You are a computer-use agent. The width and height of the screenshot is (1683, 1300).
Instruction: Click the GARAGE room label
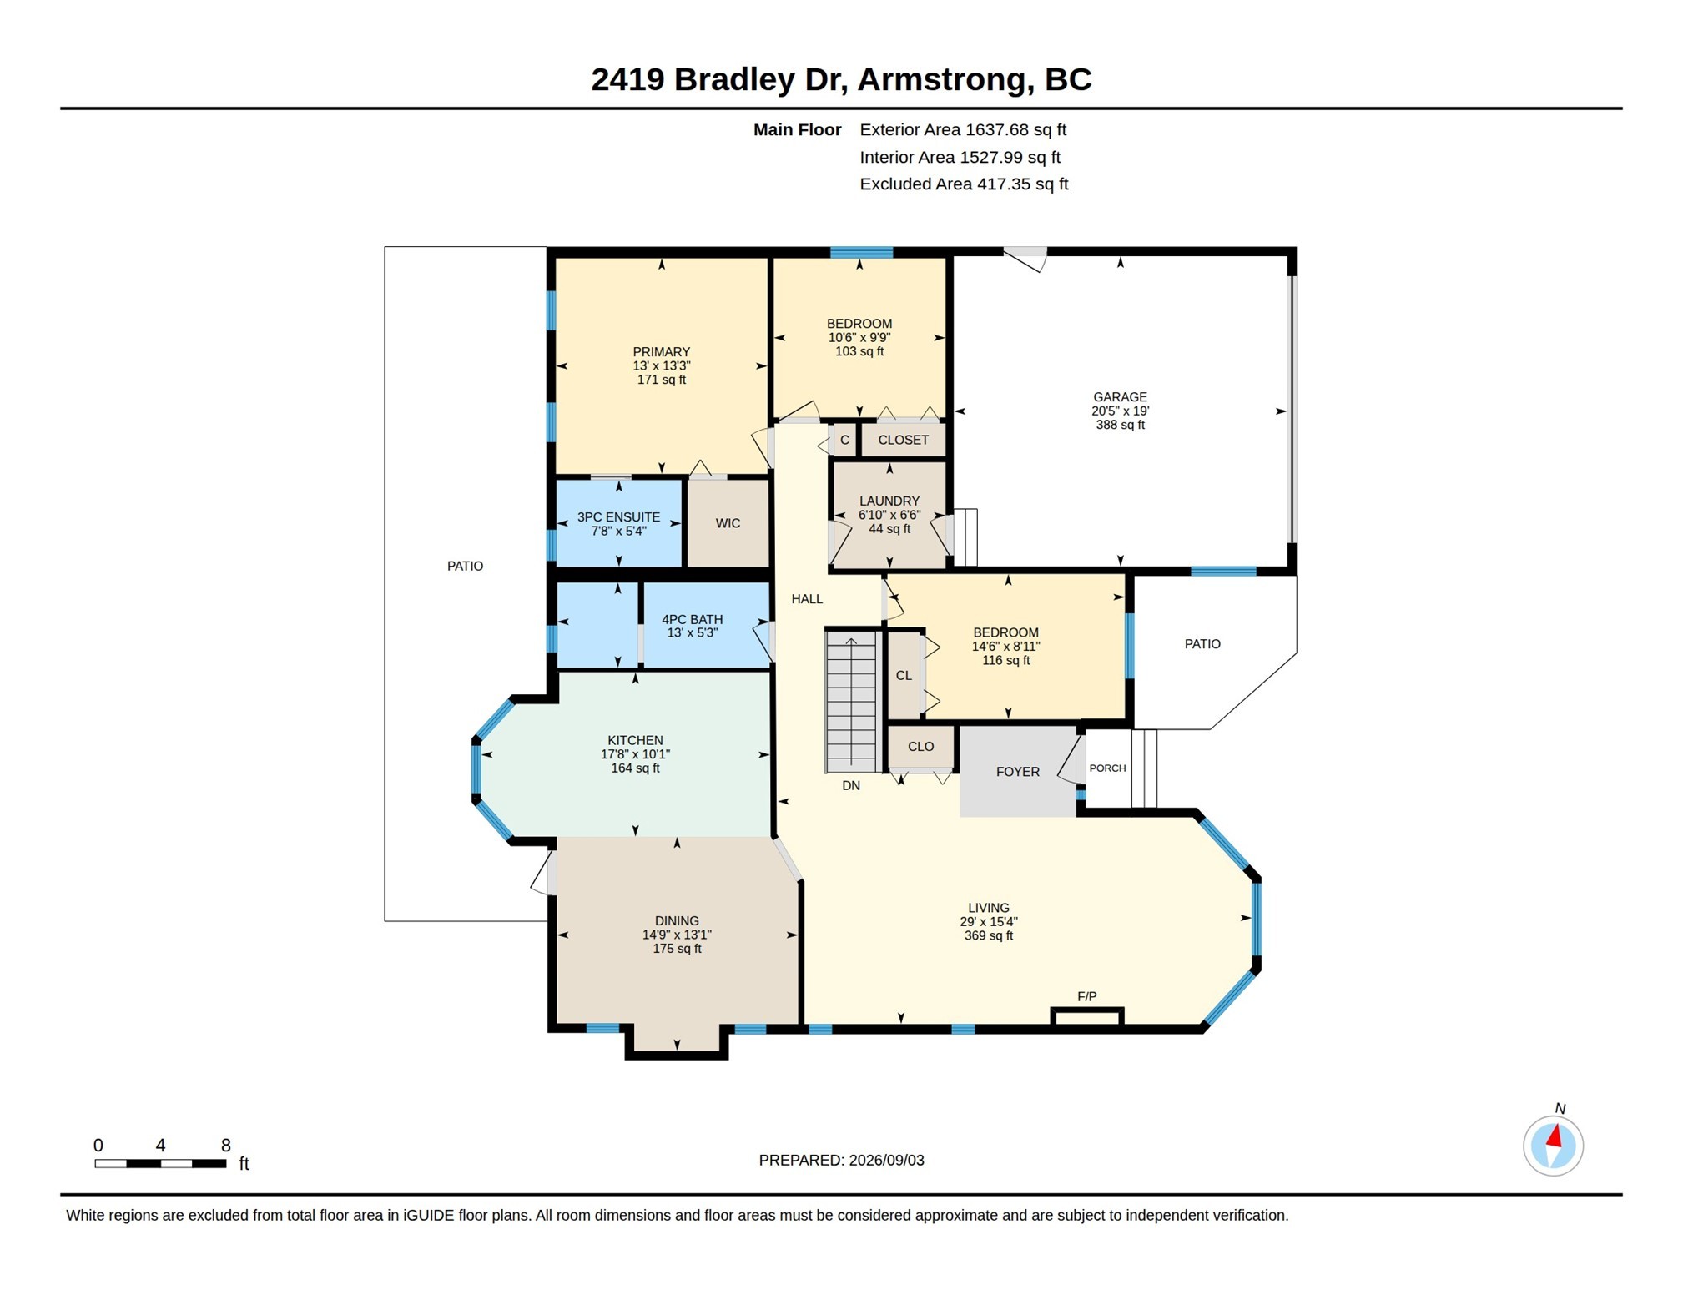[1120, 397]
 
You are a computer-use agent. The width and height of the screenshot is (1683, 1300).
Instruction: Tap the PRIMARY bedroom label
[661, 352]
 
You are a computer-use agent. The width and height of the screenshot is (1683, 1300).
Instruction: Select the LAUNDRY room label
[889, 501]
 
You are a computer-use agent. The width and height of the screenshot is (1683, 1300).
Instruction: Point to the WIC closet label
[728, 523]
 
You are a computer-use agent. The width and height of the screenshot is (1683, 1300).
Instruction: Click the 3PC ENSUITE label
[618, 517]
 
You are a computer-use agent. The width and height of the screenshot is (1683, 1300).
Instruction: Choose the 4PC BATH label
[692, 619]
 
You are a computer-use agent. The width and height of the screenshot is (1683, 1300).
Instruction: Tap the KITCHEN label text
[635, 740]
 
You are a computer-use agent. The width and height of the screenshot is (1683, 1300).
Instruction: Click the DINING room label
[677, 921]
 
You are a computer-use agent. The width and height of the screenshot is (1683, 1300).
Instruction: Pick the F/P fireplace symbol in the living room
[1087, 1016]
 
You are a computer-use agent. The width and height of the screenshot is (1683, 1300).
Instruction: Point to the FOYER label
[1018, 772]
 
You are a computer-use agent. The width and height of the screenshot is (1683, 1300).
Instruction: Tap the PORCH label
[1107, 768]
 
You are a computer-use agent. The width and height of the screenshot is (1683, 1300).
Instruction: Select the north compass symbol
[1553, 1146]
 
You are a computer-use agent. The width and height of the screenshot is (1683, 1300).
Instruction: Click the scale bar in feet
[160, 1163]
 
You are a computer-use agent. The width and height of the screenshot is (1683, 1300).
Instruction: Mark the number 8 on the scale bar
[225, 1146]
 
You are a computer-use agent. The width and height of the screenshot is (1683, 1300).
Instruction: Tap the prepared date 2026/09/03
[886, 1160]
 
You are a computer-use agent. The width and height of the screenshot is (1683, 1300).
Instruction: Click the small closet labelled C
[844, 440]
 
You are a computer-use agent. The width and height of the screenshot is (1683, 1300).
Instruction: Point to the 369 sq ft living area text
[989, 935]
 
